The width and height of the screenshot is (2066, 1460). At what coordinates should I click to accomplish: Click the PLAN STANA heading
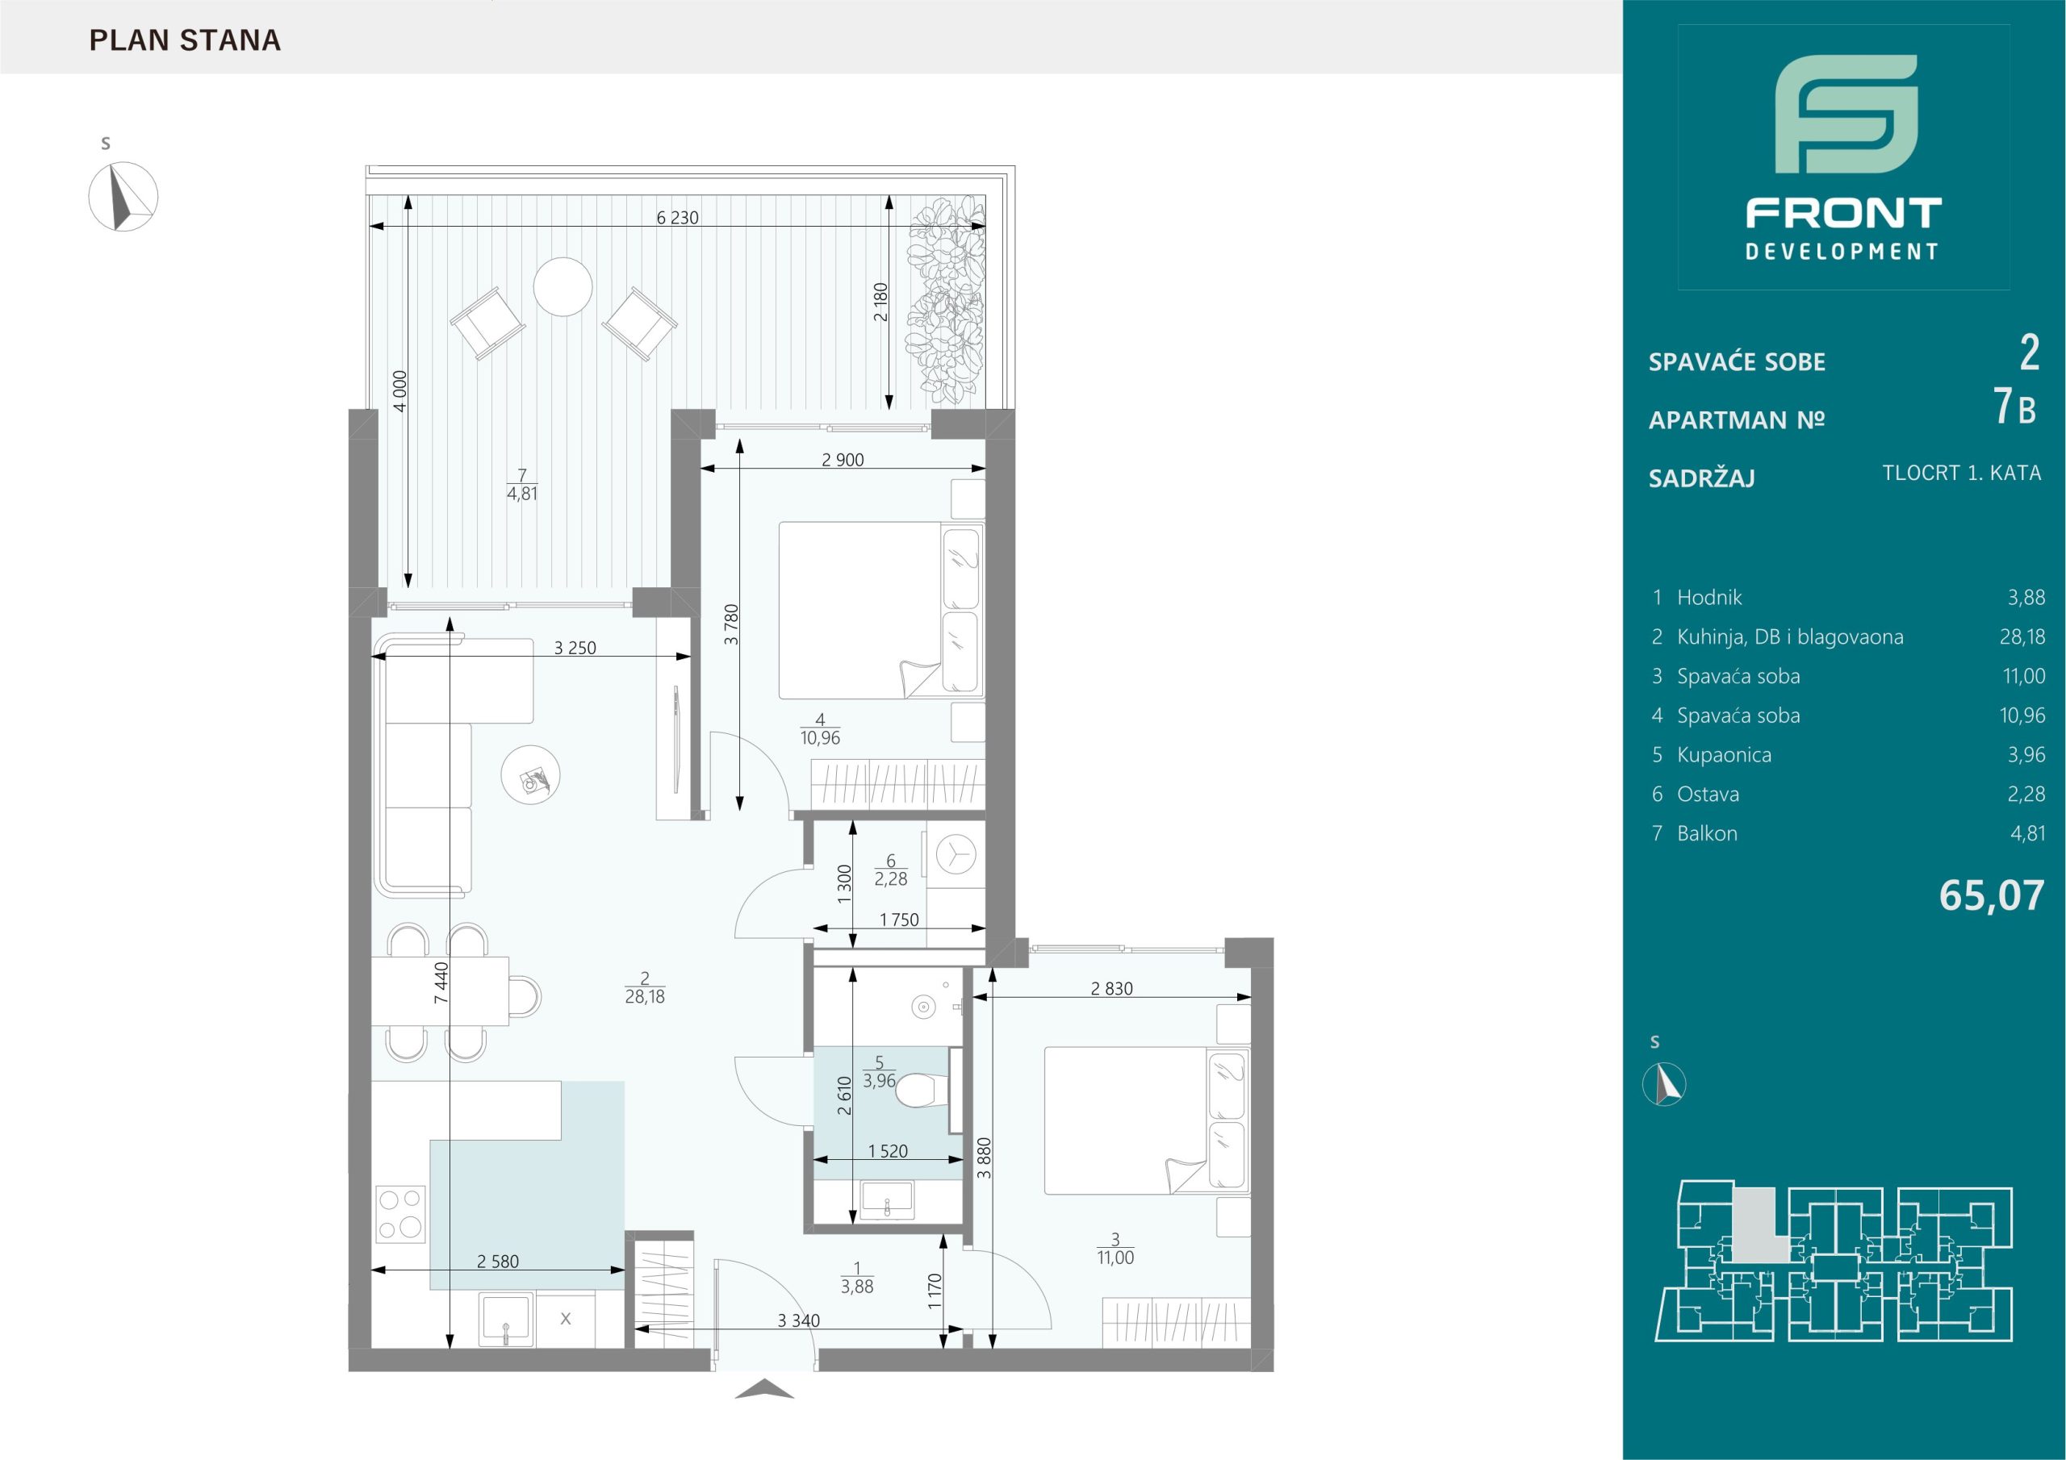(x=186, y=40)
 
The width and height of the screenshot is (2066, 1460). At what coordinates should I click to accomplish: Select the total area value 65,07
(x=1991, y=896)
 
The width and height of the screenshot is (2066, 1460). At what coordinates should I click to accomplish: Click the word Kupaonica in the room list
(x=1724, y=755)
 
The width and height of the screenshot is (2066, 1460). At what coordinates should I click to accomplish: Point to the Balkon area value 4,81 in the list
(x=2027, y=833)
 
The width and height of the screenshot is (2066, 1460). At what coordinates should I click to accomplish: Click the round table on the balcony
(x=563, y=287)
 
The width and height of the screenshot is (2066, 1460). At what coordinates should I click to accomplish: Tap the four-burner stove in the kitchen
(x=401, y=1213)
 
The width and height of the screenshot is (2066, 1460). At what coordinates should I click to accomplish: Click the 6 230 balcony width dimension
(x=678, y=218)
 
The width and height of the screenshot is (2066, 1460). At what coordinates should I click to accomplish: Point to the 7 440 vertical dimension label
(x=441, y=983)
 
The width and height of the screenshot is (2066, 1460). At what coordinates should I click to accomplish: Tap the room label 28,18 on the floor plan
(x=645, y=997)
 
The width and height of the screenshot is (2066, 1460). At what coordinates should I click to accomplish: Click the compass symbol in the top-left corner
(x=123, y=197)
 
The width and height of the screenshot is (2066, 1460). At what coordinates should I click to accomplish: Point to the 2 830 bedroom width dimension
(x=1111, y=989)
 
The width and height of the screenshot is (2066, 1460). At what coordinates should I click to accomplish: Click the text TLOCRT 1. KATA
(x=1962, y=473)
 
